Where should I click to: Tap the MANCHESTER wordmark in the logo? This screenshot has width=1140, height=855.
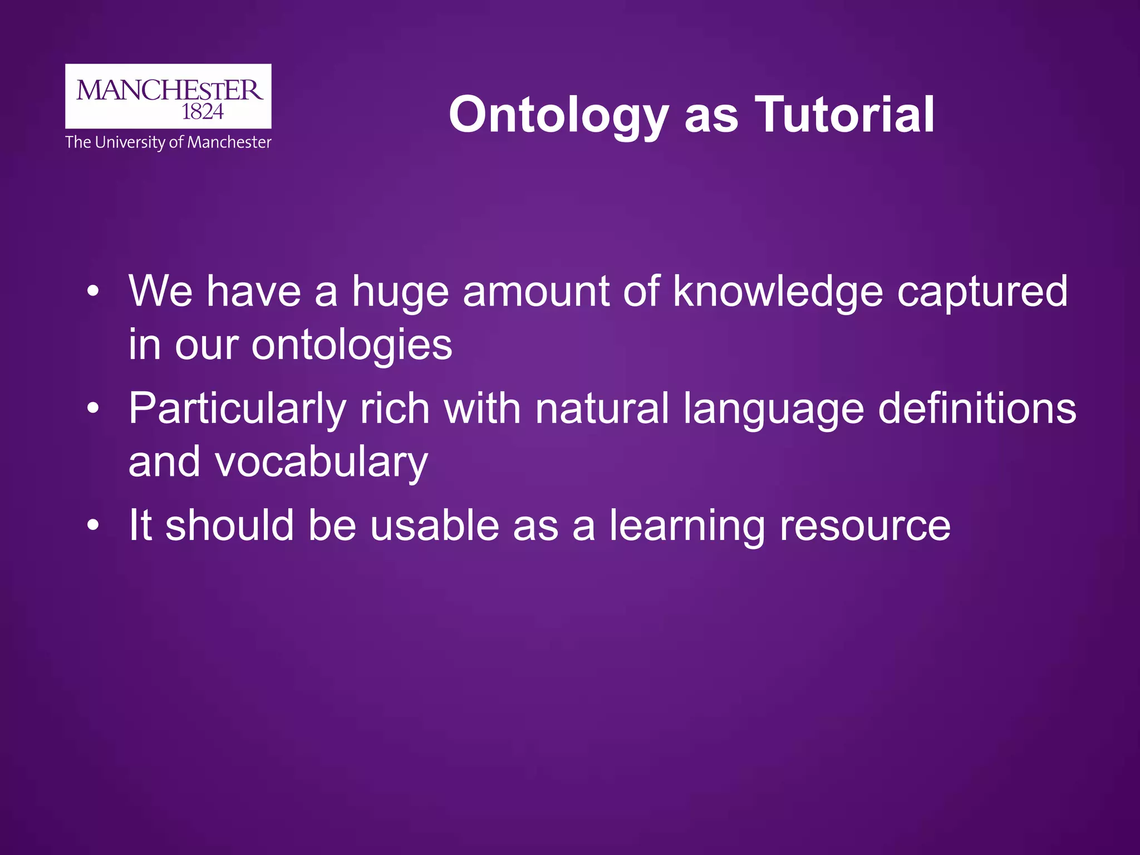[169, 91]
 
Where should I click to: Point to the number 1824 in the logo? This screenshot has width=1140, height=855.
[203, 112]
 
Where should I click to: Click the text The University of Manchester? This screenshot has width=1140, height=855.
[168, 142]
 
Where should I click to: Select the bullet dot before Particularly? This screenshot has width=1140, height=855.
[93, 409]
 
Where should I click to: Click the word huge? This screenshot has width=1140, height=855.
[400, 292]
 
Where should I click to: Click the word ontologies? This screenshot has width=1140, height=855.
[352, 345]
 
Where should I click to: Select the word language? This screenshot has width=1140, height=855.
[773, 410]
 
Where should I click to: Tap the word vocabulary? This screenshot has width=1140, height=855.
[322, 462]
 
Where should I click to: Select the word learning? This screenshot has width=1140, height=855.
[687, 526]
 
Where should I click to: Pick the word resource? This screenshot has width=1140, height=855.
[864, 526]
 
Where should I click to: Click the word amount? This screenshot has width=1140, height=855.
[536, 292]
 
